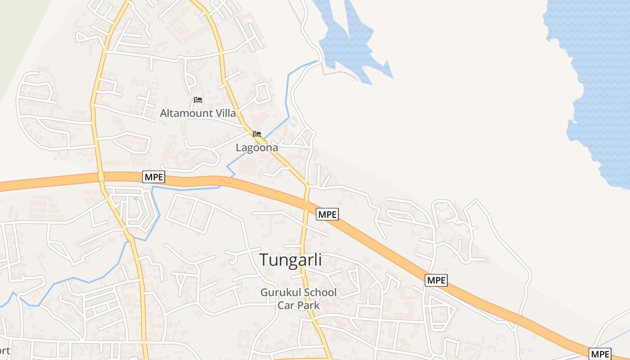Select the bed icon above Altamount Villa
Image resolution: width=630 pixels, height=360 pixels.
coord(198,99)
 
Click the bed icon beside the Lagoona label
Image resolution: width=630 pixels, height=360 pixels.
coord(257,134)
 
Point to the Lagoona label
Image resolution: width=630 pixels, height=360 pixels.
coord(257,148)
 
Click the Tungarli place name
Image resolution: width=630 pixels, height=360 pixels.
coord(291,260)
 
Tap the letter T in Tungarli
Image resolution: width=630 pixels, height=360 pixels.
coord(264,260)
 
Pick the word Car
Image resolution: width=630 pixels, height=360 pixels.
coord(285,305)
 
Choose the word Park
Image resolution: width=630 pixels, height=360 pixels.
coord(308,305)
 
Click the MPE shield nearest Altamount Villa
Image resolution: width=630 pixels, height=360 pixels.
coord(154,177)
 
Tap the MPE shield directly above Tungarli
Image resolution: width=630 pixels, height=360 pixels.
coord(327,215)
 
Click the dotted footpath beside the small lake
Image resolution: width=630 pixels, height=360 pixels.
coord(342,73)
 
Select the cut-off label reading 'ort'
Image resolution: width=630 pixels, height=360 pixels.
coord(4,350)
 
